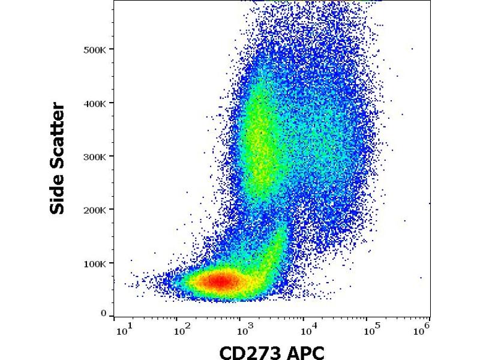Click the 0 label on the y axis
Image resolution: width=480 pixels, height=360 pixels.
[104, 313]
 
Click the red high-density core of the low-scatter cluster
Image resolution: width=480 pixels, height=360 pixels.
[221, 280]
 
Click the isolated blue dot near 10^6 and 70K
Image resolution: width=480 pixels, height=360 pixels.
[421, 278]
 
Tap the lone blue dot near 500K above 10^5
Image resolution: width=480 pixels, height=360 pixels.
[412, 49]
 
